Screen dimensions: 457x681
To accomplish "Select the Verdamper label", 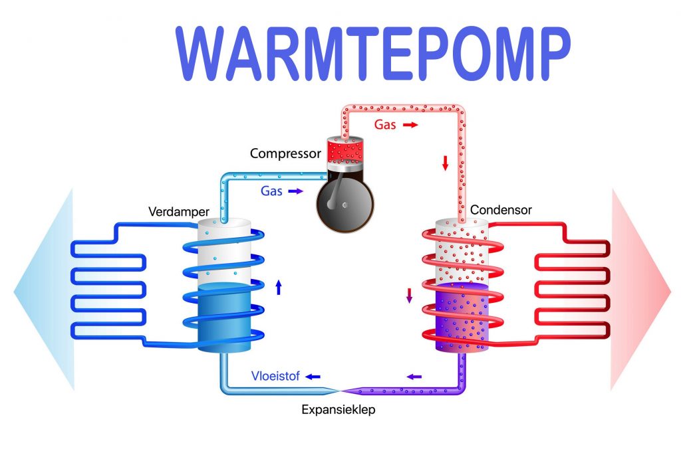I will point(179,213).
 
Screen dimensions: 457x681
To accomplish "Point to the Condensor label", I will point(501,210).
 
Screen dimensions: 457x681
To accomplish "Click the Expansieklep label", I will point(339,410).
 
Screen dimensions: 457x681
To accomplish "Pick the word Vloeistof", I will point(275,376).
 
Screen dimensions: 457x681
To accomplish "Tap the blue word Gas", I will point(271,191).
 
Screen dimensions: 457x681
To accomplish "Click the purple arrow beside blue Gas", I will point(295,191).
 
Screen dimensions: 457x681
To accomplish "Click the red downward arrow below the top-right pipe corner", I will point(445,163).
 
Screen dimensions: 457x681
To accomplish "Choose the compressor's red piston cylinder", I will point(346,150).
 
